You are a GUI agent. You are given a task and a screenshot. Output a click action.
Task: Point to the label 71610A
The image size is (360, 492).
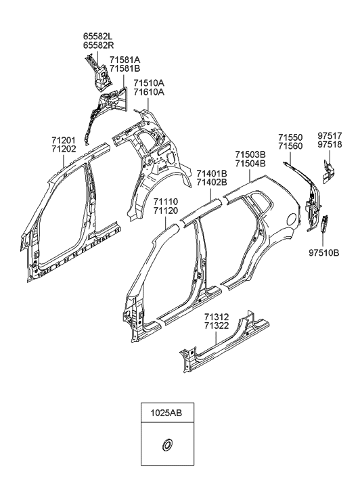pyautogui.click(x=149, y=92)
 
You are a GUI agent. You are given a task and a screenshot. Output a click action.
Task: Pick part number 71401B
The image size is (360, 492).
pyautogui.click(x=212, y=174)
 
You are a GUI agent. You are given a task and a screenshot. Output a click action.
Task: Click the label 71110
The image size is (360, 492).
pyautogui.click(x=166, y=202)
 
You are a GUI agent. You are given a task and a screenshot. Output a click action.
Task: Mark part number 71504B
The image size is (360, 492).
pyautogui.click(x=250, y=164)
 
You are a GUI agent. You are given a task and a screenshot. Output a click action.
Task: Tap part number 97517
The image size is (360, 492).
pyautogui.click(x=330, y=136)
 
